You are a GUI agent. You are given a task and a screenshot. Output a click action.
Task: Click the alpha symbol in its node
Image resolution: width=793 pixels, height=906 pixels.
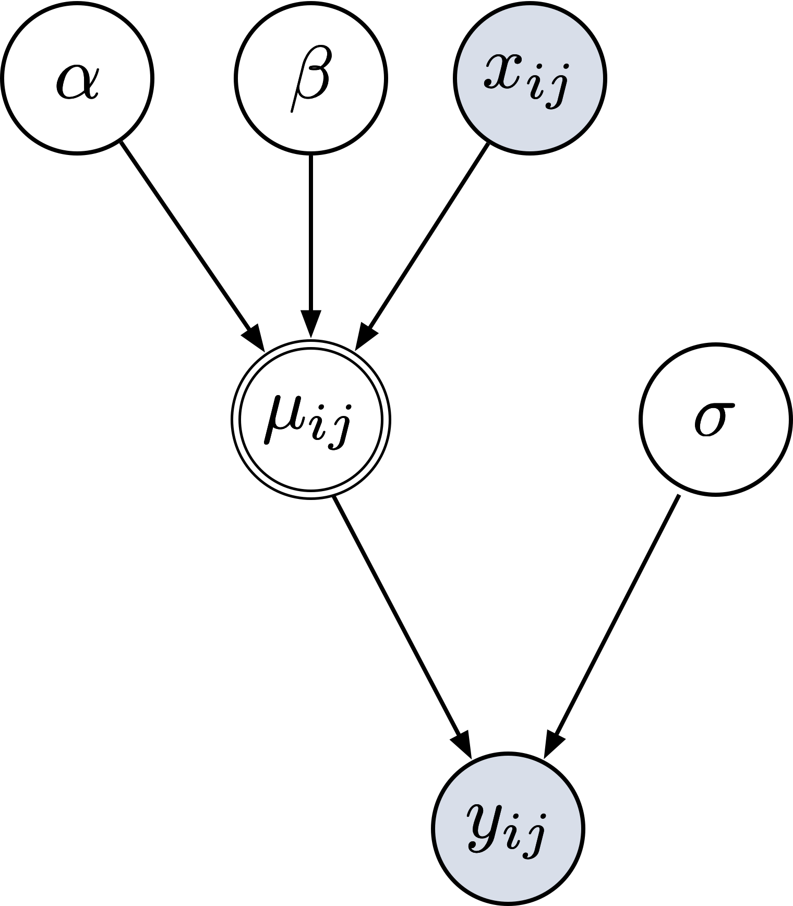click(77, 81)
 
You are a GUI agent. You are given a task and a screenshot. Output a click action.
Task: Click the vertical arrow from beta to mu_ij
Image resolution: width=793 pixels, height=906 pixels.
click(311, 235)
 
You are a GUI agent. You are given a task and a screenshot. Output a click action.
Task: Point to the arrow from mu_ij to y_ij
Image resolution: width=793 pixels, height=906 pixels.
click(397, 616)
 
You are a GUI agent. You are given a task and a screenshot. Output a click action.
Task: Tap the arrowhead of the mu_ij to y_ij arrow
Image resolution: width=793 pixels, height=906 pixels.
click(463, 744)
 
